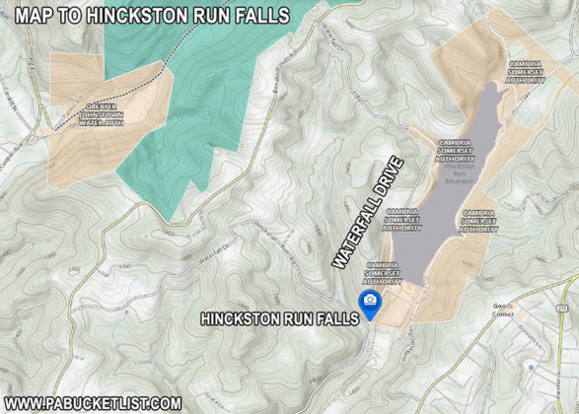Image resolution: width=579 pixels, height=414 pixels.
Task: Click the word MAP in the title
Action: (x=33, y=15)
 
